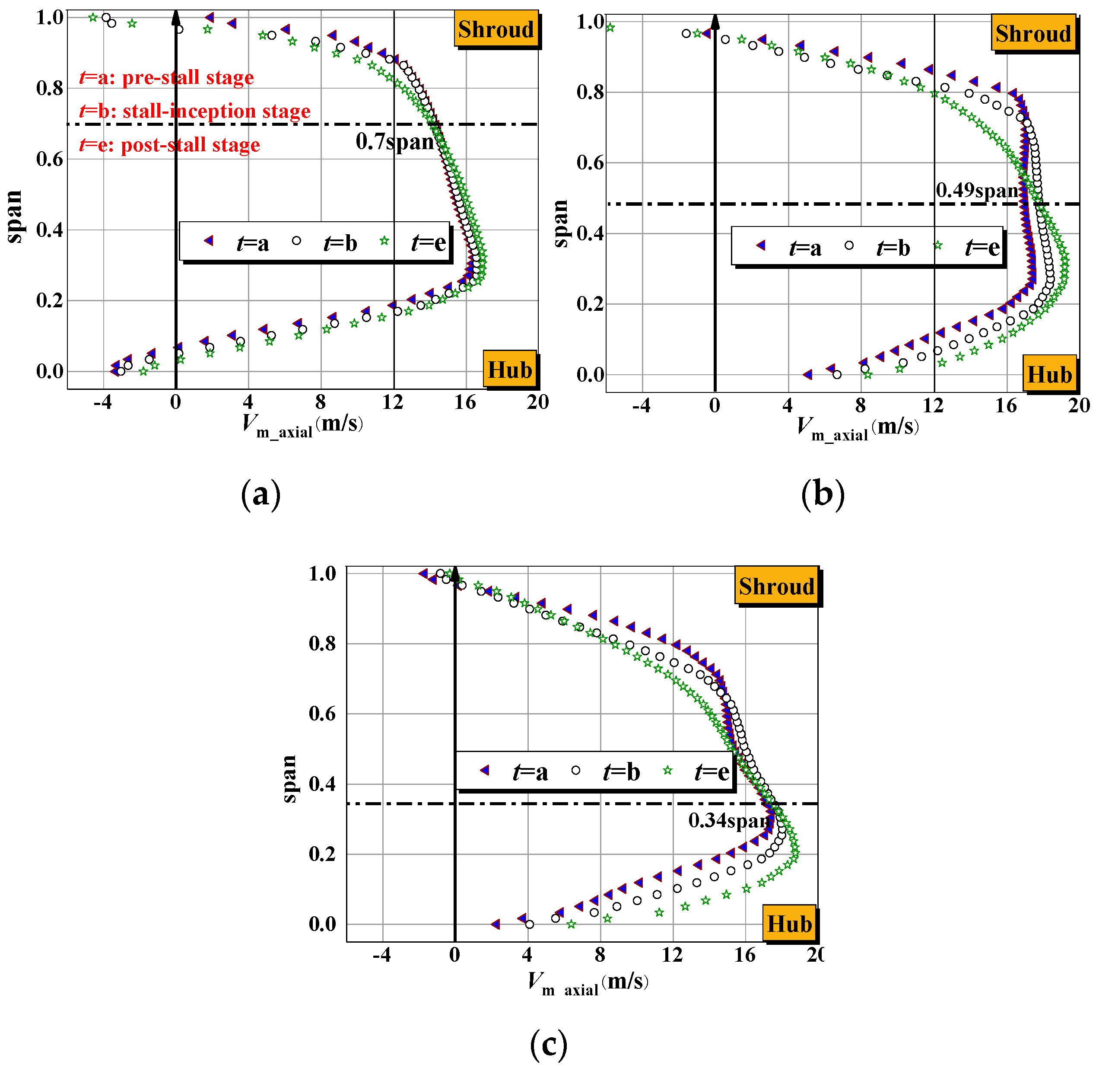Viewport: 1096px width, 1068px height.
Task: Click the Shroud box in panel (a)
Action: [x=496, y=29]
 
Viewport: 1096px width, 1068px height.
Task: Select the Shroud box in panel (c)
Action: [x=776, y=586]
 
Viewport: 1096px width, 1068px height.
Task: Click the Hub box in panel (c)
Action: [x=789, y=924]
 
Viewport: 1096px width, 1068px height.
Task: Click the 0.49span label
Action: [x=977, y=190]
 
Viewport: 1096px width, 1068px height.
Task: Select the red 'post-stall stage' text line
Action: [x=170, y=145]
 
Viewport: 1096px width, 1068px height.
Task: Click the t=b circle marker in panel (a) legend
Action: [x=296, y=241]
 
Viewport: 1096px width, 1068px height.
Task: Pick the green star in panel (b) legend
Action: [x=937, y=245]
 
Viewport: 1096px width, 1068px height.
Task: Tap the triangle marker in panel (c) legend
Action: [x=484, y=770]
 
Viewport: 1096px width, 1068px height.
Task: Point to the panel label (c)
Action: [x=548, y=1043]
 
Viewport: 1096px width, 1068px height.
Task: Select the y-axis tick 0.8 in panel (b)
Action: [x=590, y=92]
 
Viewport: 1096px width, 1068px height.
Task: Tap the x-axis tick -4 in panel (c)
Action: [x=382, y=955]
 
